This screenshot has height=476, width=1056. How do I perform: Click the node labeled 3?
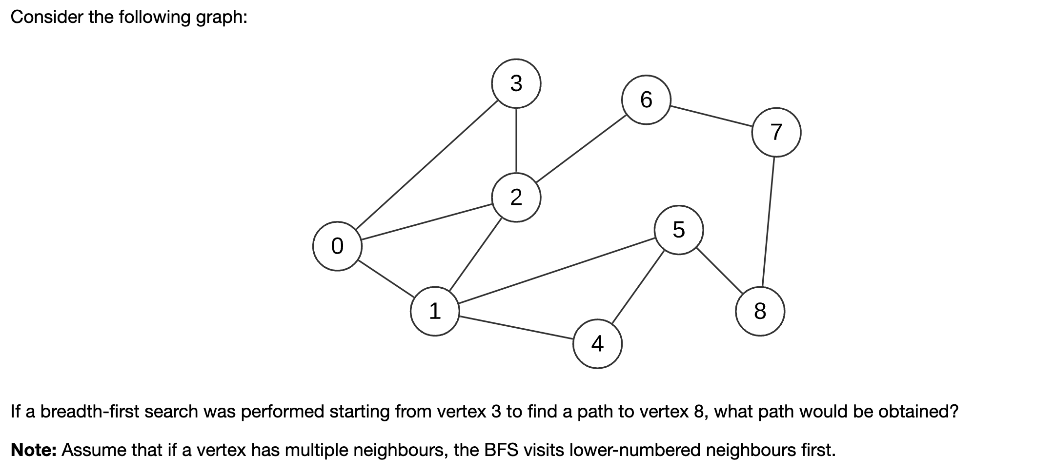click(516, 83)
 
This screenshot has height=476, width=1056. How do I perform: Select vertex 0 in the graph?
click(337, 246)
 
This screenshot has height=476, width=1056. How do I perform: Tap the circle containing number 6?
click(646, 99)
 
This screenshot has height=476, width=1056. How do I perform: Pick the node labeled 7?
click(776, 132)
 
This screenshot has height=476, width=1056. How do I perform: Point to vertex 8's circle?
click(760, 311)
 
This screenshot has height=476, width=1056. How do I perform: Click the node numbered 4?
click(597, 344)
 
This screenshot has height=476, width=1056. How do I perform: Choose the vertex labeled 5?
click(679, 230)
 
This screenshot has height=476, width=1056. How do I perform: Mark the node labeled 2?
click(516, 198)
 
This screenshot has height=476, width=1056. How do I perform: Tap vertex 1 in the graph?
click(435, 311)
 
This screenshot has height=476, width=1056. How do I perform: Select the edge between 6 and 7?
click(711, 116)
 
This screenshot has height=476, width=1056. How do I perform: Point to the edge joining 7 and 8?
click(768, 222)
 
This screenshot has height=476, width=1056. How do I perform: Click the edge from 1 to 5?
click(556, 271)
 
